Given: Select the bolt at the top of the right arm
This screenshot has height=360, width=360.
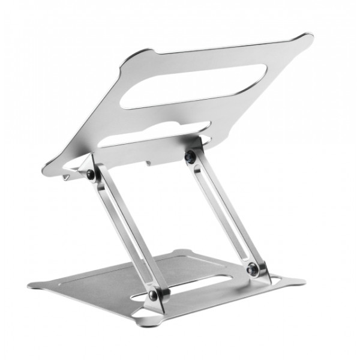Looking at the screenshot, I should [190, 157].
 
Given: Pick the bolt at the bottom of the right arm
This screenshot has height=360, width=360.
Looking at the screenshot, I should [254, 268].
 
